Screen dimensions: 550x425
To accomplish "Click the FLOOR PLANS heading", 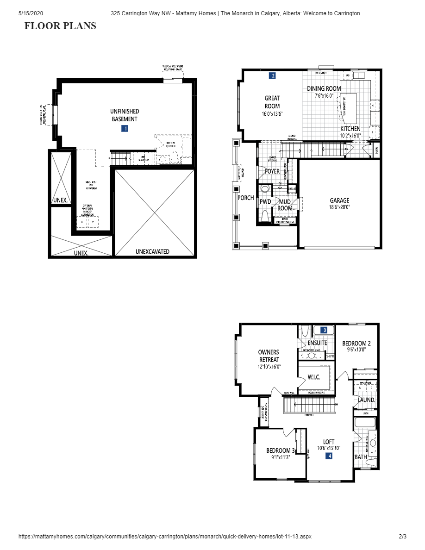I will (x=60, y=26).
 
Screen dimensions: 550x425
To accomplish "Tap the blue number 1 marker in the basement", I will (x=125, y=129).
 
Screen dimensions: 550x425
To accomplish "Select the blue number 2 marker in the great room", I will (x=273, y=75).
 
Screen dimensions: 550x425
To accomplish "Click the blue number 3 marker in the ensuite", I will (x=325, y=330).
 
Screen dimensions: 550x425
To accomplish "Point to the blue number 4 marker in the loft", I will (x=329, y=456).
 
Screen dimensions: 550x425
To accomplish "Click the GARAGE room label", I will (x=339, y=200).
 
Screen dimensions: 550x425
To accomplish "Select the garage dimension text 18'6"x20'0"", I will (x=339, y=207).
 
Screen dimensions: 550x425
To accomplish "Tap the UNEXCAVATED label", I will (x=152, y=252).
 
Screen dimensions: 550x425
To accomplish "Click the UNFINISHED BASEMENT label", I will (x=125, y=115).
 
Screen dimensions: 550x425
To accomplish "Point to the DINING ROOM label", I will (x=324, y=88).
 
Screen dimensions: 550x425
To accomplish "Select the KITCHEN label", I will (x=350, y=129).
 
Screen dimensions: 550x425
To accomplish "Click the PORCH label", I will (x=246, y=198).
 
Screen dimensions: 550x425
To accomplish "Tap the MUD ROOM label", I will (x=285, y=205).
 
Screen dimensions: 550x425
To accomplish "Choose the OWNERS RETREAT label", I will (x=269, y=356).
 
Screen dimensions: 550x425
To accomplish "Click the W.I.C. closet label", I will (x=314, y=377).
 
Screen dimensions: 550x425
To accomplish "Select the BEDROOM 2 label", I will (x=356, y=343).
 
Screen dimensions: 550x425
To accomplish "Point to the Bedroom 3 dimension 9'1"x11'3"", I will (x=280, y=457).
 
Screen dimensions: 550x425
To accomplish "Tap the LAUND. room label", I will (x=366, y=400).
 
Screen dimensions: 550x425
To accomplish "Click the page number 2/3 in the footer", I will (x=402, y=537).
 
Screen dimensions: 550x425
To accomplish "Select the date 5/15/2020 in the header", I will (x=31, y=13).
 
